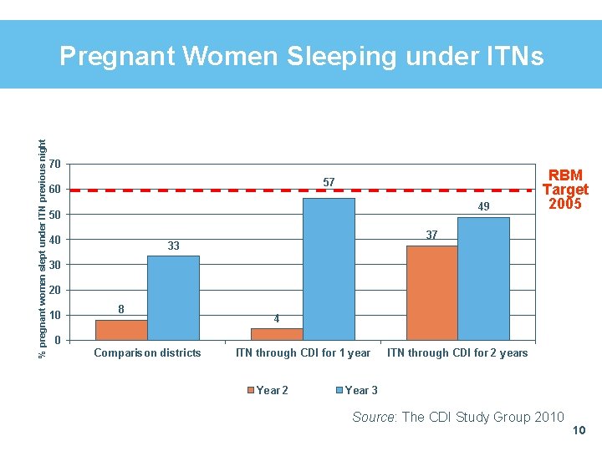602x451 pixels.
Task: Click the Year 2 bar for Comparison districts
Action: pos(121,330)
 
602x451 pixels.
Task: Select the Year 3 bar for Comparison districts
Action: pos(173,298)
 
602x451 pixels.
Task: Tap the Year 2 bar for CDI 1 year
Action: pos(277,334)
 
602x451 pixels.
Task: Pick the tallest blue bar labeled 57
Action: pos(329,269)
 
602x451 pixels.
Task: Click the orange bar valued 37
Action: pos(431,292)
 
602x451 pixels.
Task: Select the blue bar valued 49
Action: pos(483,278)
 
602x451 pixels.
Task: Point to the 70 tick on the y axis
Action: pos(54,163)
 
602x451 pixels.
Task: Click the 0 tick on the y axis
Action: pos(56,341)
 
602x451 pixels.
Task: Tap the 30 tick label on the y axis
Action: pos(54,265)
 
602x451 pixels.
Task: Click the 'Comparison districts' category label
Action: pos(147,353)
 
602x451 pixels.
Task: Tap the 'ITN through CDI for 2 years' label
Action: pos(457,353)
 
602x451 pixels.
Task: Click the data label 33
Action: pos(173,246)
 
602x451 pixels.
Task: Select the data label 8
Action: pos(121,309)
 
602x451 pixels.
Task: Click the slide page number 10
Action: pos(579,431)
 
